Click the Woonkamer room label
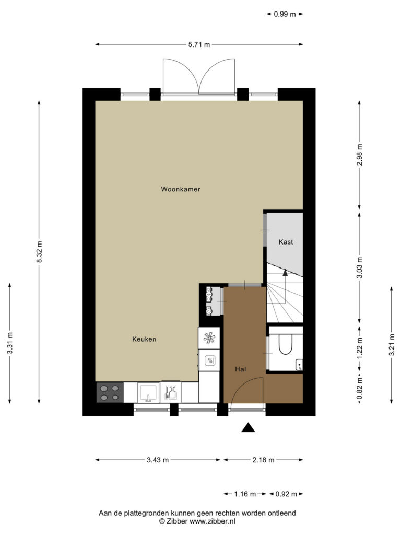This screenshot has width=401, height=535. click(x=180, y=189)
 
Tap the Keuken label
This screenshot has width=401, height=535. click(x=144, y=339)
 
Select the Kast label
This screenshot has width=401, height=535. click(x=286, y=242)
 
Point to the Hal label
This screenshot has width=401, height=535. click(x=240, y=369)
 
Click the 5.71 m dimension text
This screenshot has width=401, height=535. click(x=199, y=44)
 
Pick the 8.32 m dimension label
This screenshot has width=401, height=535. click(x=39, y=252)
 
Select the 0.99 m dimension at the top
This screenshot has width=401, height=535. click(x=285, y=14)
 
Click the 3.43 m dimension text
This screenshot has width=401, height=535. click(x=158, y=460)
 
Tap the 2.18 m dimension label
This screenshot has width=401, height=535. click(x=263, y=460)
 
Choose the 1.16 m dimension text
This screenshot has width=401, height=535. click(x=245, y=494)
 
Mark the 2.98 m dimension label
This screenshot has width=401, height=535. click(x=359, y=155)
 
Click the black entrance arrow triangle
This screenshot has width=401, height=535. click(x=248, y=427)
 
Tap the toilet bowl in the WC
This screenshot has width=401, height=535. click(x=286, y=344)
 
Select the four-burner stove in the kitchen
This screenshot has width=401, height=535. click(x=110, y=392)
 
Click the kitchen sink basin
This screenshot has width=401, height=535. click(x=148, y=392)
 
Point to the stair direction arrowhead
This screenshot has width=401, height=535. click(x=285, y=272)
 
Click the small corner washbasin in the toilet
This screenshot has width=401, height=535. click(x=299, y=365)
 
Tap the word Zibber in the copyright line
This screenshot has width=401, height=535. click(x=176, y=521)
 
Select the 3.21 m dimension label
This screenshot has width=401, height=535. click(x=392, y=345)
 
